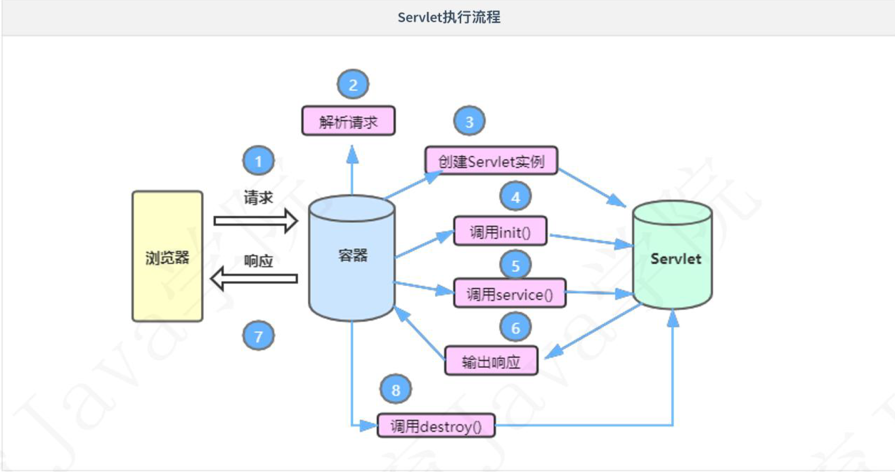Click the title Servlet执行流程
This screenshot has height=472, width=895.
click(x=448, y=17)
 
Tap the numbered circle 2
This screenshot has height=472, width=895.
click(x=353, y=85)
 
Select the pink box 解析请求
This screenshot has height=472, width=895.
click(x=348, y=121)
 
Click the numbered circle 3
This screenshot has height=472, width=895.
click(x=469, y=121)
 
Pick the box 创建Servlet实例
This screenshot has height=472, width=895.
click(x=491, y=161)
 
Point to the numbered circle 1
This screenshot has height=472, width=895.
click(x=258, y=161)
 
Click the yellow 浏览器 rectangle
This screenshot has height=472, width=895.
click(x=167, y=256)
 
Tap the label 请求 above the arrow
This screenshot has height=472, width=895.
click(x=258, y=197)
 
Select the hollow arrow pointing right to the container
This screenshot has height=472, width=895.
click(x=255, y=221)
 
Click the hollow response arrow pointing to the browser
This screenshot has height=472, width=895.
click(x=254, y=279)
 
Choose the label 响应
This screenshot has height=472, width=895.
click(x=258, y=261)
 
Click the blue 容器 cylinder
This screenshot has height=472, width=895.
click(x=352, y=257)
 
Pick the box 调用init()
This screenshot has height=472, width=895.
click(x=500, y=231)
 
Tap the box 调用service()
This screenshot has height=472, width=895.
click(x=509, y=294)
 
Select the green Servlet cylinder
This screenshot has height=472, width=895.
click(x=673, y=257)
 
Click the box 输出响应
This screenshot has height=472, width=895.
click(x=491, y=361)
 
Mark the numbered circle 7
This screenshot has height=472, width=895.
click(x=258, y=336)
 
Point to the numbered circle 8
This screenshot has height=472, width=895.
click(x=396, y=389)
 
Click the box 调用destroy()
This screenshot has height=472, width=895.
click(x=436, y=426)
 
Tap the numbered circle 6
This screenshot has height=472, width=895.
click(x=515, y=327)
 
